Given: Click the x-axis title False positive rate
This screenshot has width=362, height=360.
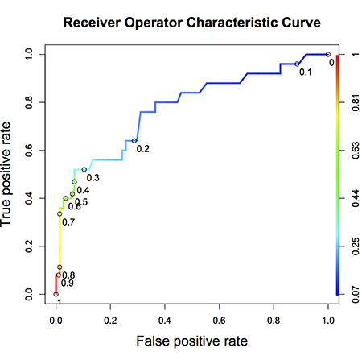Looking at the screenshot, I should tap(191, 341).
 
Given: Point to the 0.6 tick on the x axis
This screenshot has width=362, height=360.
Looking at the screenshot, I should tap(219, 319).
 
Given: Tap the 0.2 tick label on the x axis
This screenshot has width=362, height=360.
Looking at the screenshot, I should tap(110, 319).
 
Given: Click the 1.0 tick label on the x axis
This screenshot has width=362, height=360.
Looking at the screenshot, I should tap(327, 319).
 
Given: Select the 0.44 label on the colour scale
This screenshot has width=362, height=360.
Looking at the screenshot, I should tap(352, 198).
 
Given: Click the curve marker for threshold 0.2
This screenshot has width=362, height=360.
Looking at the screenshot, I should tap(134, 141).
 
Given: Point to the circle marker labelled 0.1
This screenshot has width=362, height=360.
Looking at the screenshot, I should tap(298, 64).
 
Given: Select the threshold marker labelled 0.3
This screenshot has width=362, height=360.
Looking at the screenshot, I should tap(84, 169).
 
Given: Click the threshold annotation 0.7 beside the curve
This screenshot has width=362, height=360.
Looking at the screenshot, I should tap(68, 221).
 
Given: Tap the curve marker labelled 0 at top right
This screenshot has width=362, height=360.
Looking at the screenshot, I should tap(327, 55).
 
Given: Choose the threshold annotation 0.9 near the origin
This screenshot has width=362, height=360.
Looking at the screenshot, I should tap(68, 284).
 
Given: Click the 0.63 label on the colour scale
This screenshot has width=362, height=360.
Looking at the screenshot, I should tap(352, 151).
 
